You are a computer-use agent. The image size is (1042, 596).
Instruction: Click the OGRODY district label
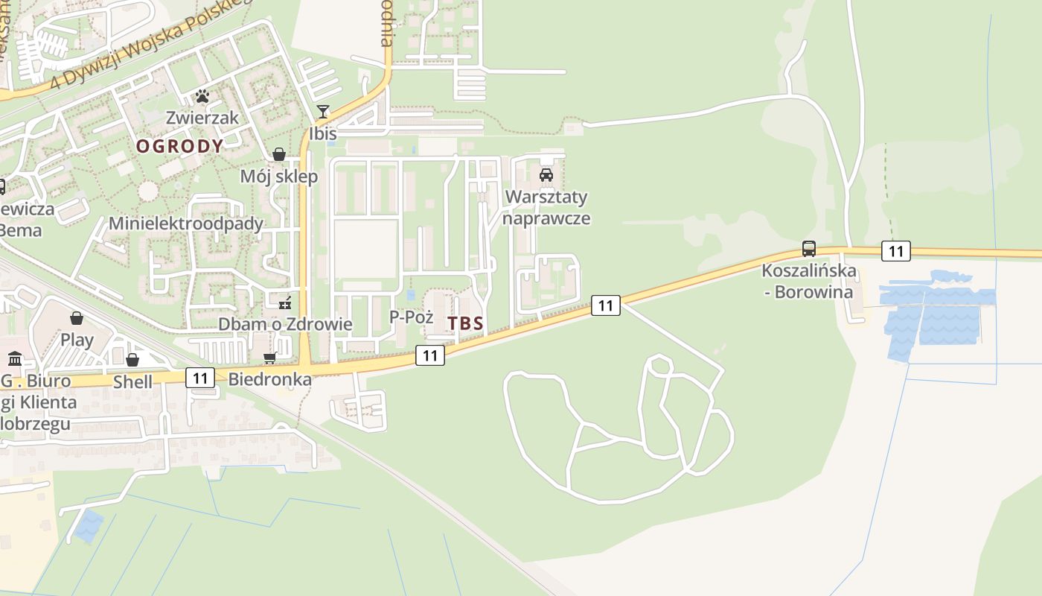coord(179,146)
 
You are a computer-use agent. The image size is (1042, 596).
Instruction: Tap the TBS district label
coord(466,323)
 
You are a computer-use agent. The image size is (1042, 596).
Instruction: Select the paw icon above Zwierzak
coord(202,95)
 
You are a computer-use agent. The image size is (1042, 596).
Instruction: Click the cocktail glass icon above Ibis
coord(322,112)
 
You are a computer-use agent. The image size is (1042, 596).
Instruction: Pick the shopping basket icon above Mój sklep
coord(279,154)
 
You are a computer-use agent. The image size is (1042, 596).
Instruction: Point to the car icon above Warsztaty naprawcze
coord(546,175)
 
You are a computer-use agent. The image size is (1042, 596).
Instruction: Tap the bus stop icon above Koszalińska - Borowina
coord(808,249)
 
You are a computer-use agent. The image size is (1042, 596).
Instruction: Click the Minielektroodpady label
coord(186,223)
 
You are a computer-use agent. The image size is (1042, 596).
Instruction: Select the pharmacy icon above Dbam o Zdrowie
coord(284,302)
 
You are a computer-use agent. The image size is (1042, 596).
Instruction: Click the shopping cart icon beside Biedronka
coord(270,358)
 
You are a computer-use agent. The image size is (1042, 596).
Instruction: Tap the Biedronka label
coord(269,379)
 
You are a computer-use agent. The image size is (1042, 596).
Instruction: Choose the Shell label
coord(132,382)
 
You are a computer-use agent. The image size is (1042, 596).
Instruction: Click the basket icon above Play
coord(77,319)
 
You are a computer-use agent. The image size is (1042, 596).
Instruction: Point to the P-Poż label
coord(411,317)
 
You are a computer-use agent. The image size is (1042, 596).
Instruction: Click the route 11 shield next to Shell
coord(200,378)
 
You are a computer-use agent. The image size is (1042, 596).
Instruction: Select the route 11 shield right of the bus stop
coord(895,251)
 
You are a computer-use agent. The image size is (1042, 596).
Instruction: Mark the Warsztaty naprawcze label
coord(546,208)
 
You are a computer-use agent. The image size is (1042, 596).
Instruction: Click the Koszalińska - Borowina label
coord(808,281)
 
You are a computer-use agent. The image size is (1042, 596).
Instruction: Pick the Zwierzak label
coord(202,118)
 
